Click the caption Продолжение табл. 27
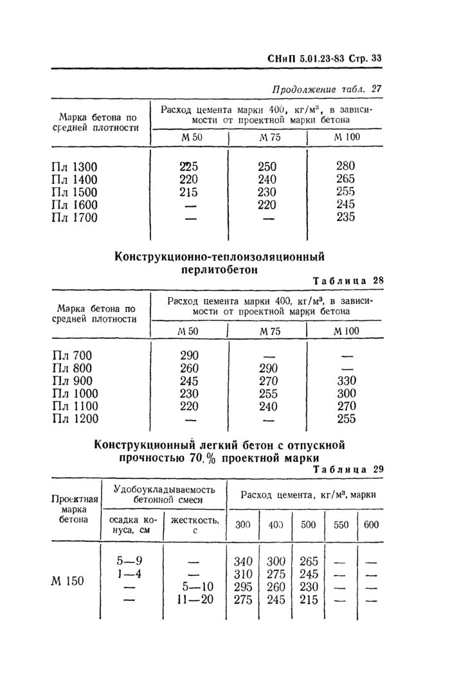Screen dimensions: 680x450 [327, 88]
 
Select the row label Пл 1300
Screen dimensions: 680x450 [74, 166]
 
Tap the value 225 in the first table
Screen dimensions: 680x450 [188, 166]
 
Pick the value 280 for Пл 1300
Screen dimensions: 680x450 [345, 166]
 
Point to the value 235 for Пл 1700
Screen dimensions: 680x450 [345, 218]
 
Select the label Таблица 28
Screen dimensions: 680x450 [347, 281]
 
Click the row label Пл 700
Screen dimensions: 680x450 [71, 355]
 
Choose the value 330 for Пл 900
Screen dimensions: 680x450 [346, 381]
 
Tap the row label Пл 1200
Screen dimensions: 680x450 [74, 419]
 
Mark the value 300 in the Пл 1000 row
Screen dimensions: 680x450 [346, 394]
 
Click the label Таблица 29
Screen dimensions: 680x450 [347, 469]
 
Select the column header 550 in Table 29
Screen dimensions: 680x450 [341, 525]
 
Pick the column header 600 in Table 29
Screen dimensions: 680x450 [371, 525]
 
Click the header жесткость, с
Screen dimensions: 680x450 [195, 525]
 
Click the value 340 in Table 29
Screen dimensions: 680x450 [242, 561]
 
